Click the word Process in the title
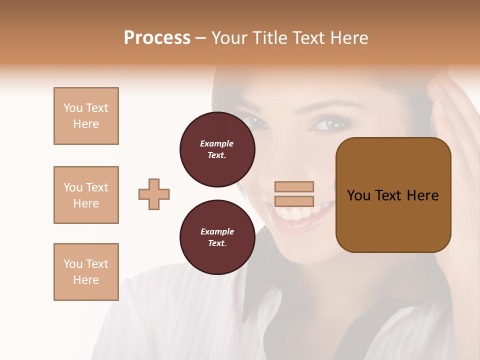157,38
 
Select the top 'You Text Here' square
86,116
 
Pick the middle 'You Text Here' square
86,195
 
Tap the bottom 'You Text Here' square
86,272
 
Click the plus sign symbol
154,194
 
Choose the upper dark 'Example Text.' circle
217,149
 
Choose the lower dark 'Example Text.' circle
217,237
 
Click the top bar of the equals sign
294,187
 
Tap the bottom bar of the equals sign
294,201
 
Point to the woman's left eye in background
255,121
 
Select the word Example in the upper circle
217,144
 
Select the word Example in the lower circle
217,232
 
